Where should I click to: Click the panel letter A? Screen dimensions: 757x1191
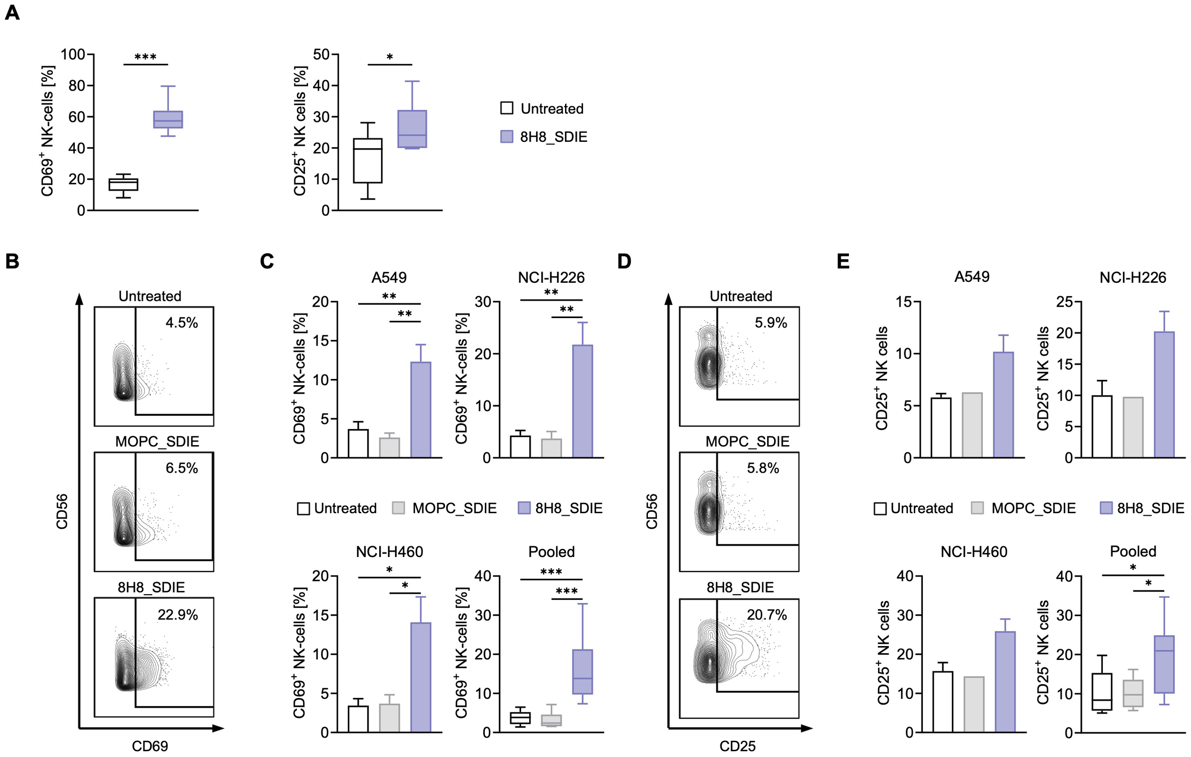pos(12,12)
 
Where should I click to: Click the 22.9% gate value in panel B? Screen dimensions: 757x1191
pos(178,615)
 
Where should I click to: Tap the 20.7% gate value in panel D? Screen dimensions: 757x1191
pos(767,615)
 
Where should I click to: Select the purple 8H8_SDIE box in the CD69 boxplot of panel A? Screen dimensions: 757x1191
pos(168,119)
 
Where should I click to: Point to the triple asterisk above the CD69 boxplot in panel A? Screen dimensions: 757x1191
pos(145,57)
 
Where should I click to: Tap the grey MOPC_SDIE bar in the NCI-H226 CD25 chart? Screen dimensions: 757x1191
pos(1132,427)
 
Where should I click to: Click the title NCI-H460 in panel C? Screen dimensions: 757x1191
pos(389,551)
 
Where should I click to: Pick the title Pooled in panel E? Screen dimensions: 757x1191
pos(1132,551)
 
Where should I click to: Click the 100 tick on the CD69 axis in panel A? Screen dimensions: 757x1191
pos(73,54)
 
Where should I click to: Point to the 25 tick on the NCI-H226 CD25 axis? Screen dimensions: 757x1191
pos(1064,302)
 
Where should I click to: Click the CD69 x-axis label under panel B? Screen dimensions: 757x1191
pos(150,746)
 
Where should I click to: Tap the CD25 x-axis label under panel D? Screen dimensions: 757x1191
pos(737,746)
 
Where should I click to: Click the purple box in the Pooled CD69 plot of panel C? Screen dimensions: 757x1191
pos(582,671)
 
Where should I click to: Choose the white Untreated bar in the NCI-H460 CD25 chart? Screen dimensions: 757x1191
pos(943,701)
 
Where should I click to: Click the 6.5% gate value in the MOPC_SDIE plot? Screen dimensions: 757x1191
pos(182,468)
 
